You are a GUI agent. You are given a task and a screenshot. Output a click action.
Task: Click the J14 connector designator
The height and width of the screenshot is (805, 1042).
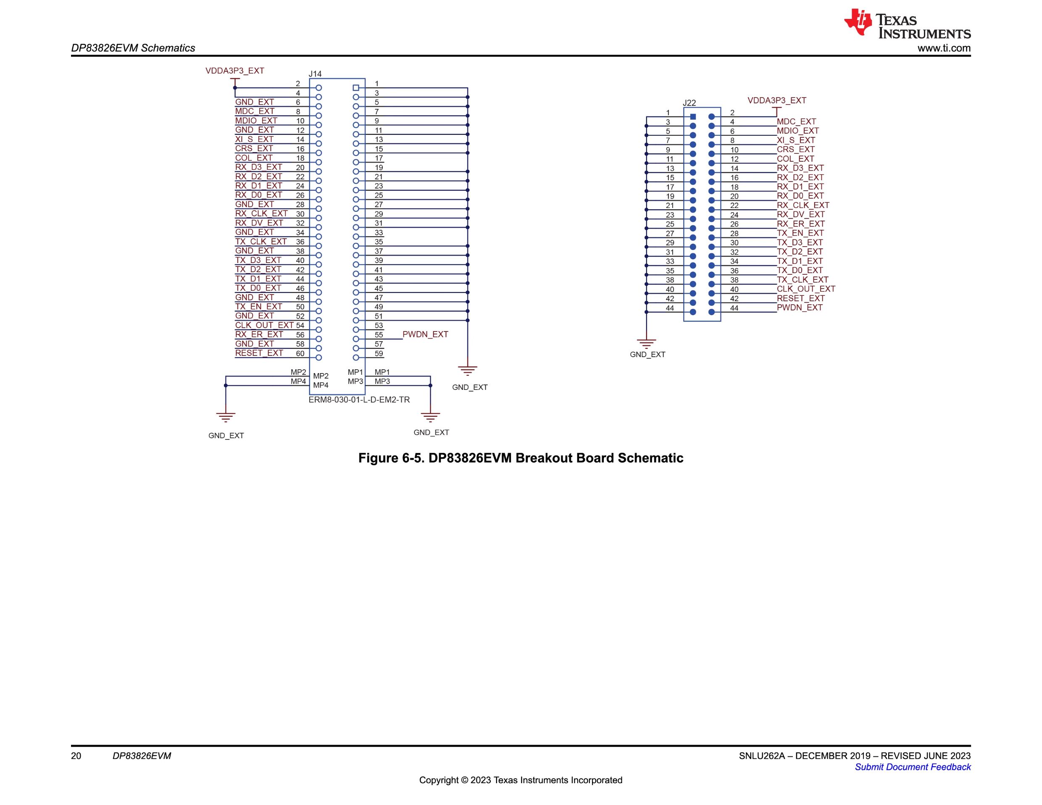pyautogui.click(x=315, y=74)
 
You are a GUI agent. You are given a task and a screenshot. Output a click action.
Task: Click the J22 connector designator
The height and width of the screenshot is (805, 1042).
pyautogui.click(x=689, y=103)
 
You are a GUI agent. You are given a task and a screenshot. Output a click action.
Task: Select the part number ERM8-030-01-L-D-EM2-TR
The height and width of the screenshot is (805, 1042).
pyautogui.click(x=359, y=400)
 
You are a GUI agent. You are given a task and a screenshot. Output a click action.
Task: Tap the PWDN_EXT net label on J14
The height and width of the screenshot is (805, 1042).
pyautogui.click(x=425, y=334)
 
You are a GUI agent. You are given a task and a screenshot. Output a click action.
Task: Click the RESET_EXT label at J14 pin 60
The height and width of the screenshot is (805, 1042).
pyautogui.click(x=259, y=353)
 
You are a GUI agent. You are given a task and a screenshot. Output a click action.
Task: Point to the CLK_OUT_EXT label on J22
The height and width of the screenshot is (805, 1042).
pyautogui.click(x=806, y=289)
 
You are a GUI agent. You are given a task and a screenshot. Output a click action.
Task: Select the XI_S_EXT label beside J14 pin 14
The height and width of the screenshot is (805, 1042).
pyautogui.click(x=254, y=139)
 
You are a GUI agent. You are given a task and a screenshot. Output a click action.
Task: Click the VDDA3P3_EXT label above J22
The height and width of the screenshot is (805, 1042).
pyautogui.click(x=777, y=101)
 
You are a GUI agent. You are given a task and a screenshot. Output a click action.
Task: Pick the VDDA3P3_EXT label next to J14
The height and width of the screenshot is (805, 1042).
pyautogui.click(x=235, y=71)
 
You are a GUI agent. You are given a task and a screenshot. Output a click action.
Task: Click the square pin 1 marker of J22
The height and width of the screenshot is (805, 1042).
pyautogui.click(x=693, y=117)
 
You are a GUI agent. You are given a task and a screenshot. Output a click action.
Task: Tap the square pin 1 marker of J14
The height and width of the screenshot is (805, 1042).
pyautogui.click(x=355, y=88)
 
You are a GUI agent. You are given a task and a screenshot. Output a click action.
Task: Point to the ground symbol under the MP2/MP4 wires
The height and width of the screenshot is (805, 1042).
pyautogui.click(x=226, y=418)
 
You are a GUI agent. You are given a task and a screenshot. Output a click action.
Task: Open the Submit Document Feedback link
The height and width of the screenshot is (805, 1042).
pyautogui.click(x=913, y=767)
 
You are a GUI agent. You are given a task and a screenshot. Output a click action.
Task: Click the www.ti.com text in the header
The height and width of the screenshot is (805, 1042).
pyautogui.click(x=944, y=48)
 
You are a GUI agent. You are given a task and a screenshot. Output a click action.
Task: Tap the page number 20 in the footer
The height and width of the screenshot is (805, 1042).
pyautogui.click(x=76, y=756)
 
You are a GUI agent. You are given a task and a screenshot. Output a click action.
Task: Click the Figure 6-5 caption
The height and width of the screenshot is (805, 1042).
pyautogui.click(x=521, y=458)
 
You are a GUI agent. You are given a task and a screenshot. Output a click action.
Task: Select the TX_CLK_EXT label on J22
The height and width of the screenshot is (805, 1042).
pyautogui.click(x=803, y=280)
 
